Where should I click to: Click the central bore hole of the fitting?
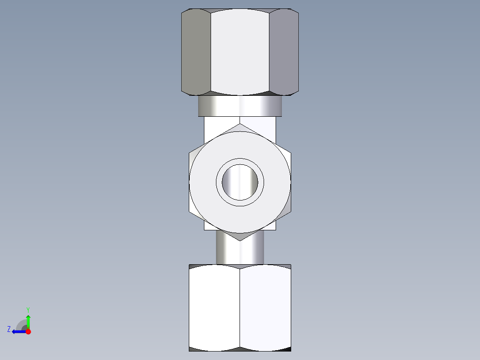tap(240, 182)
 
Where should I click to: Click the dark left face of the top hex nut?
tap(196, 53)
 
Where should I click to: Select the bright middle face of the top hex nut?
tap(240, 53)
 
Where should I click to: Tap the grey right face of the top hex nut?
tap(284, 53)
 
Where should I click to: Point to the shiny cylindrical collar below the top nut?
tap(240, 106)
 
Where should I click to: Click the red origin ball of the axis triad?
tap(28, 331)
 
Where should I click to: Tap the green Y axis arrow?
tap(28, 321)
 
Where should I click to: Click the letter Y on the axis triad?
tap(28, 309)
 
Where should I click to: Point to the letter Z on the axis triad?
tap(9, 329)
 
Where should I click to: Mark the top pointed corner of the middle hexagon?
tap(240, 125)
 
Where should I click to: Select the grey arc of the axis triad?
tap(20, 323)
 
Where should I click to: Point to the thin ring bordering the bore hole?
tap(218, 182)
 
